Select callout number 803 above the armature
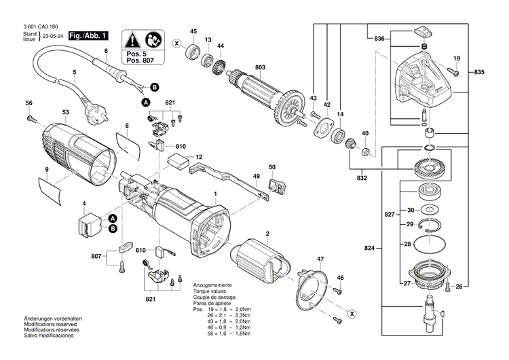coord(241,67)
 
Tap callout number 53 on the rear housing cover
coord(65,112)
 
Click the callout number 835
coord(479,73)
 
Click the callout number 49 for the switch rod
coord(256,177)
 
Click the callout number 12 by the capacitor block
coord(199,158)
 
